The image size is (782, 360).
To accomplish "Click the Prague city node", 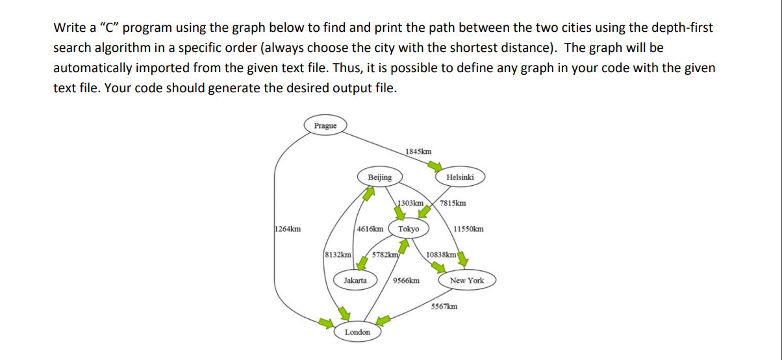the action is click(325, 125).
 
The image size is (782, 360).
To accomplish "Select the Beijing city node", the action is click(380, 177).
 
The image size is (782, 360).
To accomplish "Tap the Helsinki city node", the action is click(460, 177).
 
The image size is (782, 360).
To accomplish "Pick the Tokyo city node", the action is click(409, 229).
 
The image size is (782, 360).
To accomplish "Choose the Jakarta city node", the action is click(355, 281).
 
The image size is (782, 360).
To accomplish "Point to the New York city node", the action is click(467, 281).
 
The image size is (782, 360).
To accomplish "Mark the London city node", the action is click(357, 332).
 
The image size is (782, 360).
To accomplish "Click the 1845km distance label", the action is click(418, 151).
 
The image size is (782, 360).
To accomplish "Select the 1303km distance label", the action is click(410, 203).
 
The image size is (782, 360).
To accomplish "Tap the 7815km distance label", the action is click(452, 203).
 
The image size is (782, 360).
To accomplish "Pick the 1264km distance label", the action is click(287, 229).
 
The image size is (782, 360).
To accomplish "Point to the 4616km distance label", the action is click(370, 229).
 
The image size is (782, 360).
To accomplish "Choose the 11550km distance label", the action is click(468, 229).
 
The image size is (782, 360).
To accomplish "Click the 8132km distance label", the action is click(338, 255).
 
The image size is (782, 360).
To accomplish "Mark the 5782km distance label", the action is click(385, 255).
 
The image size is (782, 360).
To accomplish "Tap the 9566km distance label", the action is click(406, 281).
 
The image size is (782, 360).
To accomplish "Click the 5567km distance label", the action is click(444, 306).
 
